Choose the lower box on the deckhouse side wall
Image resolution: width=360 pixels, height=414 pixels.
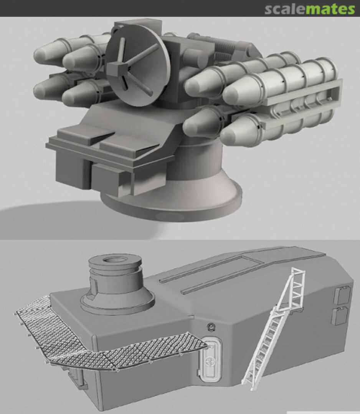coord(340,315)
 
